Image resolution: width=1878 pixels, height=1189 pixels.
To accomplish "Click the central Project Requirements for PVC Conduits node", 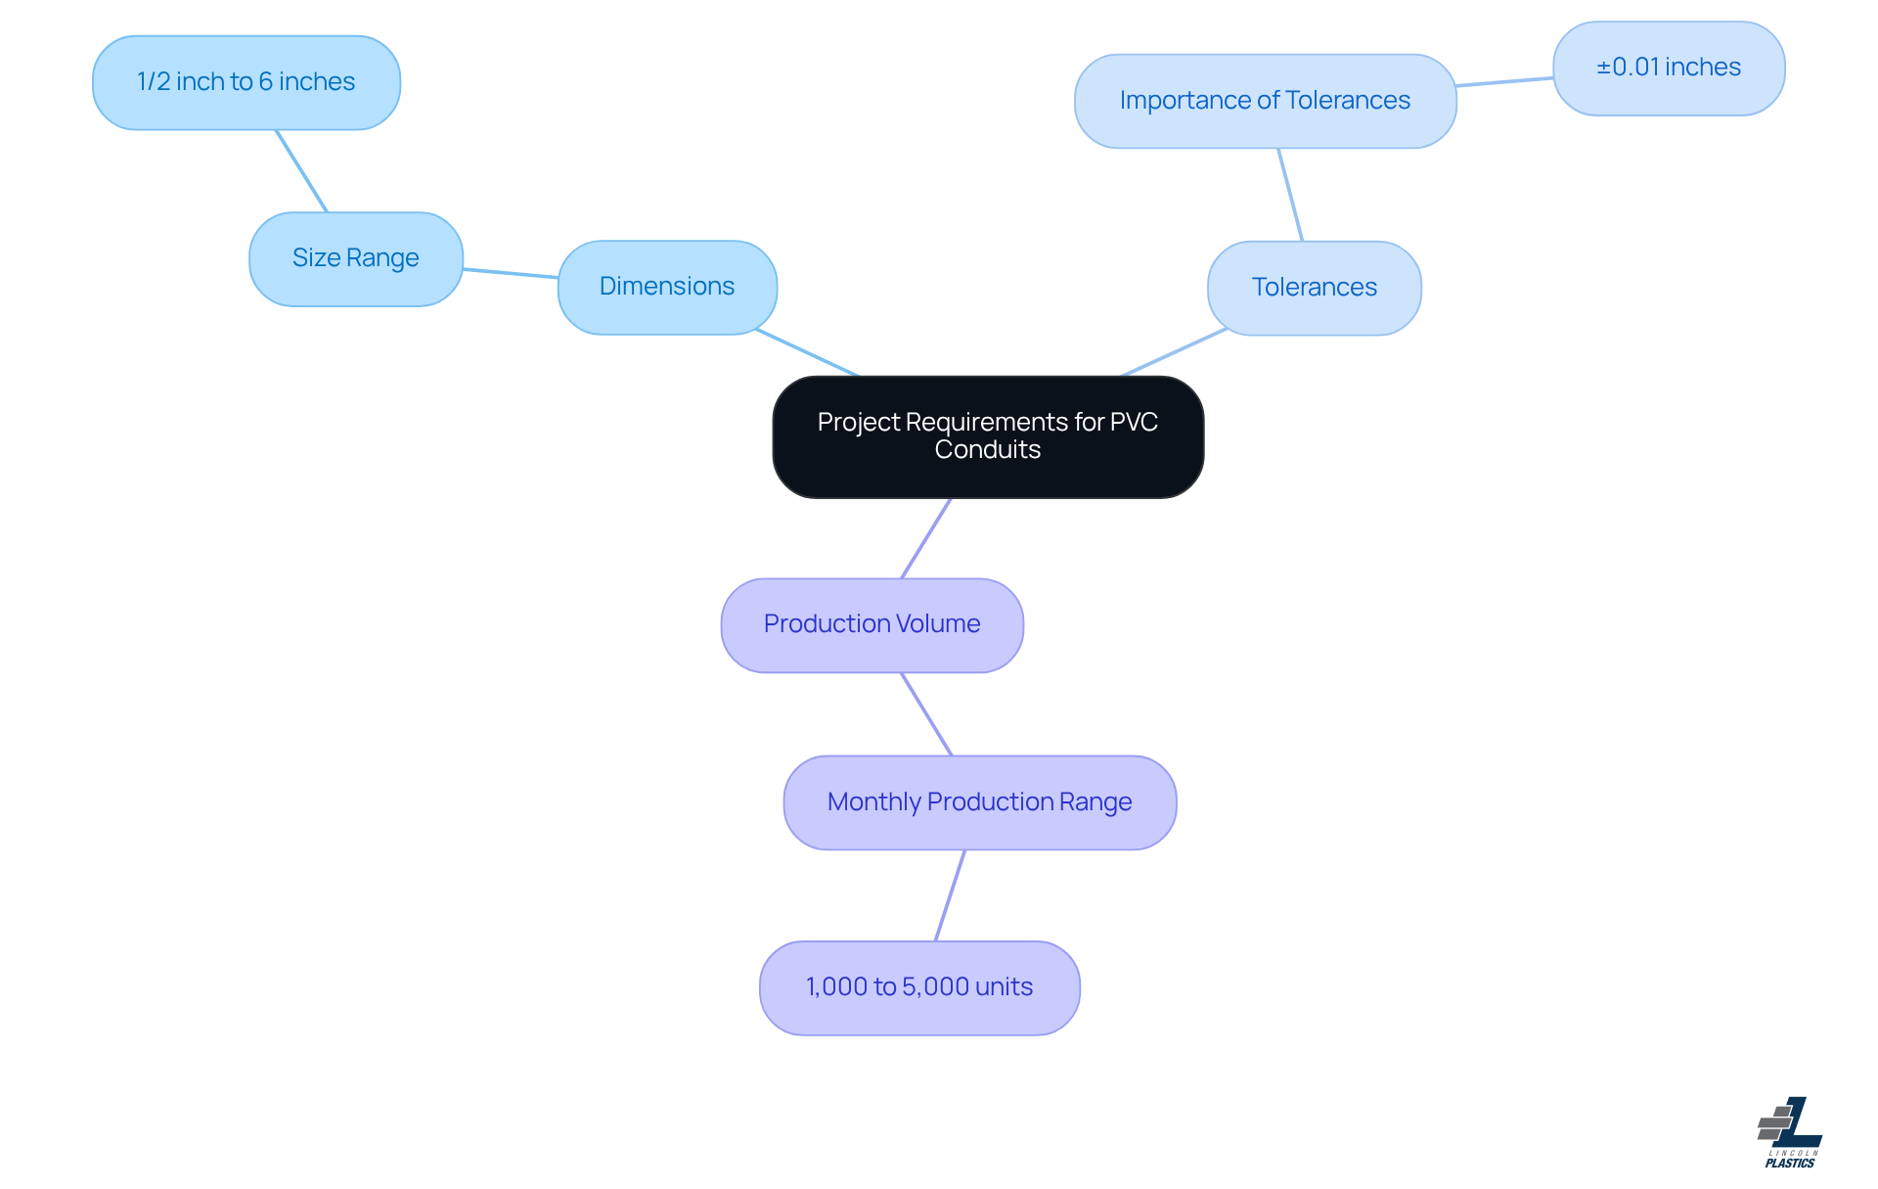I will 988,436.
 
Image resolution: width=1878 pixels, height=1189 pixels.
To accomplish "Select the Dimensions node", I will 667,287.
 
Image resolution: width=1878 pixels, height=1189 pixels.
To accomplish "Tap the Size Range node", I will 355,258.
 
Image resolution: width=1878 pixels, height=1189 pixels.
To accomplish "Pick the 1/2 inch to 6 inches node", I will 246,82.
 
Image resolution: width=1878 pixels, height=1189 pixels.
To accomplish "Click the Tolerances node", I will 1314,288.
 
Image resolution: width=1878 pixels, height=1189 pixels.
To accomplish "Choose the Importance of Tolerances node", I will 1265,101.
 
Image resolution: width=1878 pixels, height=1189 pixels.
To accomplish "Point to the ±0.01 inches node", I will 1669,68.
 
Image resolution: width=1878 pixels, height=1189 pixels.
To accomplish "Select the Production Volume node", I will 872,624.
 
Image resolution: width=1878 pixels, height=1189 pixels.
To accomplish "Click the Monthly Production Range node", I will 979,802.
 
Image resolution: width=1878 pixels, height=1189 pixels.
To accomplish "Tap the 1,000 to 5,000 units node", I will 918,987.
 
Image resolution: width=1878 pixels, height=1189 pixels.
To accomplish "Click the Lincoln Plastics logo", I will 1790,1132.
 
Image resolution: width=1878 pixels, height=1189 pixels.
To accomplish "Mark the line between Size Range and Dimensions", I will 511,273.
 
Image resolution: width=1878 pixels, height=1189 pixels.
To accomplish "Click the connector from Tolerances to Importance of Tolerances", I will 1290,195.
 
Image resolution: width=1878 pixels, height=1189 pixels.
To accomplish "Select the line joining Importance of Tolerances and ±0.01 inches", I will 1504,82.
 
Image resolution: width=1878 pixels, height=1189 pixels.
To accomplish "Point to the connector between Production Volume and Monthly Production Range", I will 926,714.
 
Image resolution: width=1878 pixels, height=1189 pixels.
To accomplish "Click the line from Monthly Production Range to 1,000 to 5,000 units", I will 950,895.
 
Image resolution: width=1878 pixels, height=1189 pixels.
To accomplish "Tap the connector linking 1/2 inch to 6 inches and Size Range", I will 301,171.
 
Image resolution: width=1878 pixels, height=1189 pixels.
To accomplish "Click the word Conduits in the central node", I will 987,450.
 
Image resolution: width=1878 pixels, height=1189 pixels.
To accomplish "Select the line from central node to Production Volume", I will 925,539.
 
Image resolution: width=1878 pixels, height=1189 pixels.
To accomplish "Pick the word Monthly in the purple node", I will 873,802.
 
